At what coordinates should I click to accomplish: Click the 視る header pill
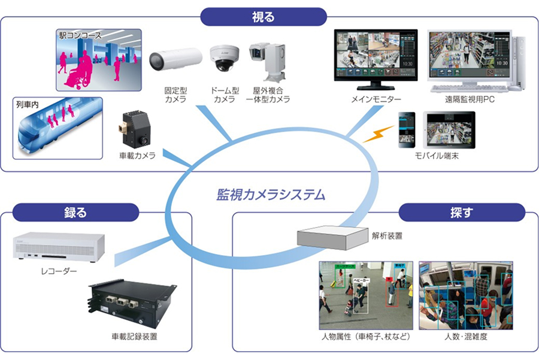pyautogui.click(x=264, y=16)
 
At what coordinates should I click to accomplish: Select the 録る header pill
pyautogui.click(x=75, y=212)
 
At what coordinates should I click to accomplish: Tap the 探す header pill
pyautogui.click(x=461, y=212)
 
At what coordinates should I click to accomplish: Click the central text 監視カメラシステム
pyautogui.click(x=271, y=194)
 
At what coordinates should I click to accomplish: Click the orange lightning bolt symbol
pyautogui.click(x=378, y=133)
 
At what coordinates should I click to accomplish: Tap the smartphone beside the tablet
pyautogui.click(x=407, y=130)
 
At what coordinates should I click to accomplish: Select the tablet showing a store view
pyautogui.click(x=450, y=131)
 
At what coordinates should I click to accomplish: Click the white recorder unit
pyautogui.click(x=59, y=247)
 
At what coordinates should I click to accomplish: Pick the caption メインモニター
pyautogui.click(x=376, y=99)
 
